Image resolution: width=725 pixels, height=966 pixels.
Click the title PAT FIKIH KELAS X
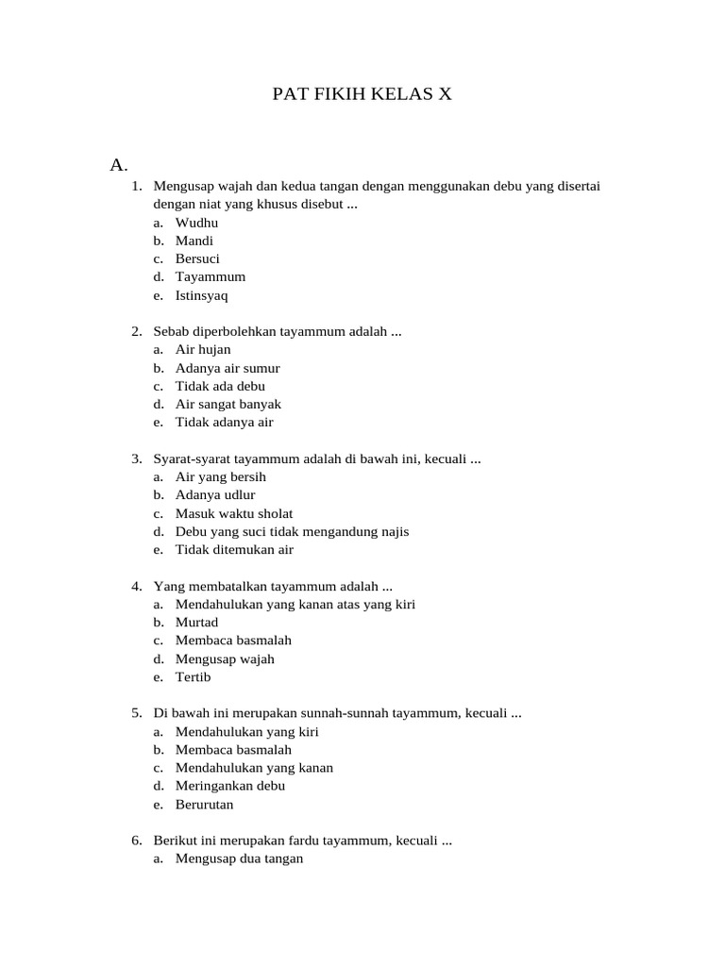click(x=362, y=93)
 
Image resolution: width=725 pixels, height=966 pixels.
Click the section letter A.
click(x=118, y=165)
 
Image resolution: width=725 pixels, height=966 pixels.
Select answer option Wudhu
click(x=196, y=223)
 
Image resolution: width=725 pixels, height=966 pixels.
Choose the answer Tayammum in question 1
click(x=210, y=276)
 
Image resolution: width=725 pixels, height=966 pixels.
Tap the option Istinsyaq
click(x=201, y=295)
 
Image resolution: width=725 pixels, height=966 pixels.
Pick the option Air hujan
click(x=203, y=349)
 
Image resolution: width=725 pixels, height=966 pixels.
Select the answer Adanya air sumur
click(x=228, y=368)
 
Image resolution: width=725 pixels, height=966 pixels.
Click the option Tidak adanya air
click(x=224, y=423)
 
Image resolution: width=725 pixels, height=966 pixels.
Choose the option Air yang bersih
click(x=220, y=477)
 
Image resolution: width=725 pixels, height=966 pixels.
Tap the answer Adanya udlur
click(x=215, y=494)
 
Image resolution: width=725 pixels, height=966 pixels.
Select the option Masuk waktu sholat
click(x=234, y=513)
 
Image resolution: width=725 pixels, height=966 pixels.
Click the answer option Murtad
click(x=196, y=623)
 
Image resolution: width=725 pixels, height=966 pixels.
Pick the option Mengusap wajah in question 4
click(x=225, y=659)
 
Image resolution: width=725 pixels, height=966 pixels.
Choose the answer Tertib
click(x=193, y=677)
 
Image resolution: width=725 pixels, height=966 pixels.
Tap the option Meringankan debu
click(x=230, y=786)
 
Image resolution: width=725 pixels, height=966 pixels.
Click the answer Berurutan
click(x=204, y=805)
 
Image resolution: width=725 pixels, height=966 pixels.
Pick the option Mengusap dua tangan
click(x=239, y=859)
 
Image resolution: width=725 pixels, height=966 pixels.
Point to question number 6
click(x=136, y=841)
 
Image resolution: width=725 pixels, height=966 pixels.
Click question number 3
click(x=136, y=458)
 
